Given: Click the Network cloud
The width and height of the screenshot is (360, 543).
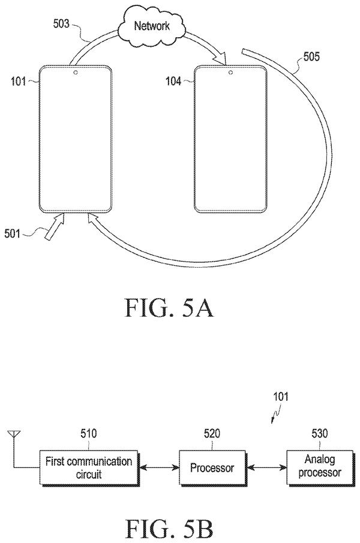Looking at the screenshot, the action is [x=151, y=27].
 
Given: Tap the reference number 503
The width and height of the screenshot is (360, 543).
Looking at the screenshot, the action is [x=61, y=23].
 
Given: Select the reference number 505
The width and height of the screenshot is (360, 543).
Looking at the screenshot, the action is [x=311, y=56].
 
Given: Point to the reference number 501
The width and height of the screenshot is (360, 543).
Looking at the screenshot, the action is [x=12, y=233].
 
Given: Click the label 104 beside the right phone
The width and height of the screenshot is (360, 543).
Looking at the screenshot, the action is [x=173, y=81].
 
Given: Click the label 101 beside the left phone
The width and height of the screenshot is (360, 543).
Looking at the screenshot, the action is [x=19, y=82].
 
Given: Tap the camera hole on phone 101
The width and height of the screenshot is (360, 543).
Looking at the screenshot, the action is [x=75, y=73].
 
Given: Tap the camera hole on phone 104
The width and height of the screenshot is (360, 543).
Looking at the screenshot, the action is [x=230, y=73].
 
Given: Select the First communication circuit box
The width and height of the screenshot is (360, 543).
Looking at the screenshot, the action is [x=89, y=468].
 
